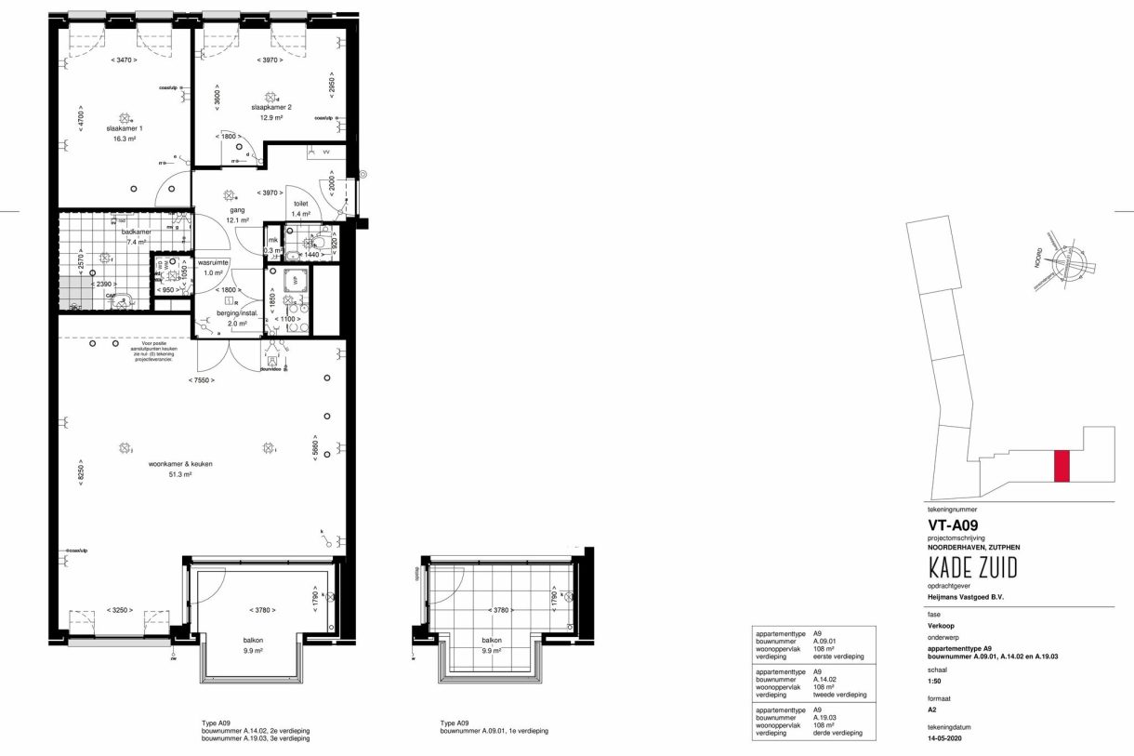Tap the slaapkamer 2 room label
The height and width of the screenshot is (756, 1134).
pyautogui.click(x=271, y=107)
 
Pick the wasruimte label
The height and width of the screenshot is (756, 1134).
pyautogui.click(x=213, y=262)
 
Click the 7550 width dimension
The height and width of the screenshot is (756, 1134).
pyautogui.click(x=201, y=380)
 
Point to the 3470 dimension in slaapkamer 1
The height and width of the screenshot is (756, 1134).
pyautogui.click(x=124, y=60)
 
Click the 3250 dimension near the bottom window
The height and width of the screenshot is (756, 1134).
pyautogui.click(x=117, y=610)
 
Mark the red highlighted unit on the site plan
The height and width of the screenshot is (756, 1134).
pyautogui.click(x=1061, y=465)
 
